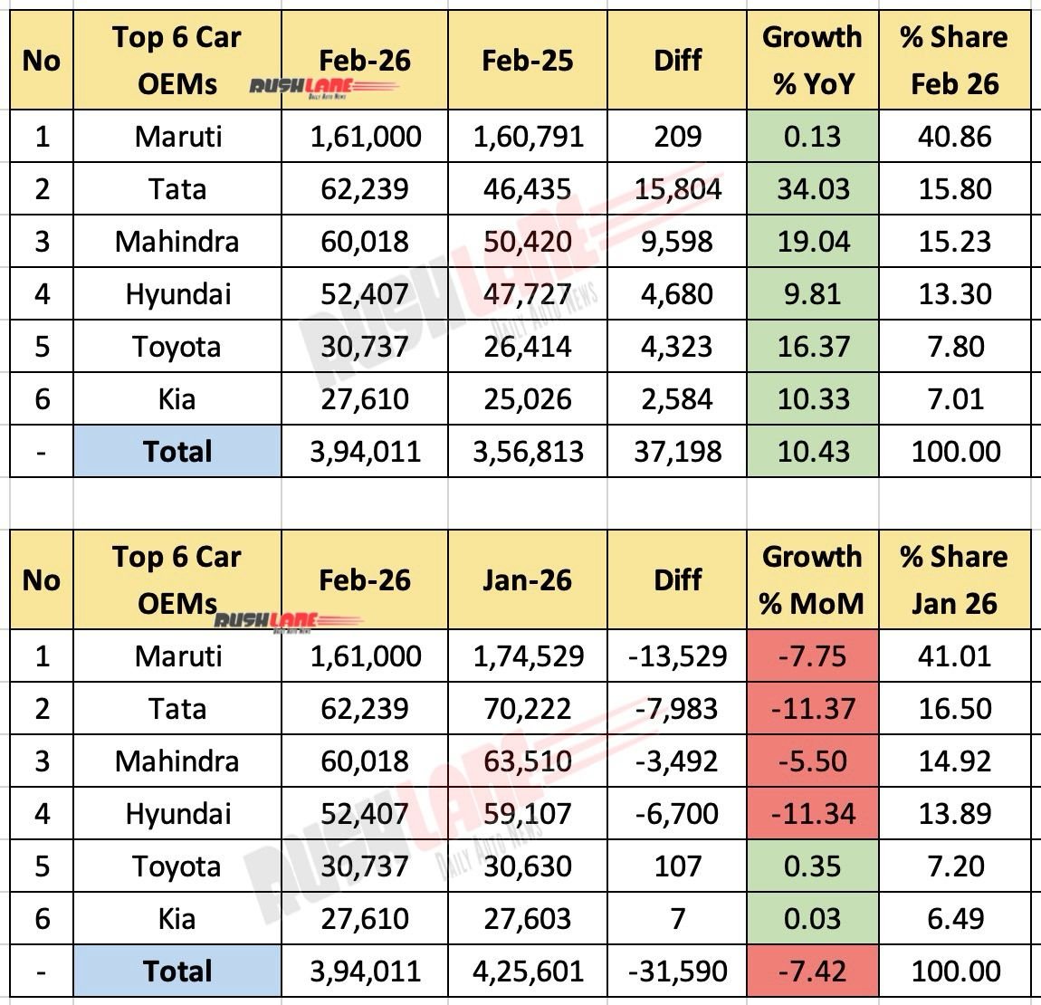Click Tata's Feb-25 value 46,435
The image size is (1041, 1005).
[528, 189]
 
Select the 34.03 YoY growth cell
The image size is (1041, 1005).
[812, 189]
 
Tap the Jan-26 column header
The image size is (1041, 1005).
[528, 579]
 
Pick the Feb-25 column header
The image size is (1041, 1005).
[528, 61]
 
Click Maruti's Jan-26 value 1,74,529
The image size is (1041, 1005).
[528, 656]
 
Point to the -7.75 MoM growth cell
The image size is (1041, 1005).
[812, 656]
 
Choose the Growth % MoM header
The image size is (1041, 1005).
[812, 579]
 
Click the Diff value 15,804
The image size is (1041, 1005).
[678, 189]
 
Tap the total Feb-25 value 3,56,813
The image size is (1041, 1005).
[528, 452]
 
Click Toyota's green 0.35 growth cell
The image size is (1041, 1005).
[812, 866]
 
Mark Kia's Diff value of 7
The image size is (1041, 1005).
[678, 918]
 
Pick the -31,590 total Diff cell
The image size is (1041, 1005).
[678, 971]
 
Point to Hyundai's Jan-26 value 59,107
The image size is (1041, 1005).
[528, 813]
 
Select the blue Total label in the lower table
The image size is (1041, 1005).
[177, 971]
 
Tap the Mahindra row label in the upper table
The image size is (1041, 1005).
[177, 242]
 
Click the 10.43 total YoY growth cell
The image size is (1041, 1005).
[812, 452]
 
